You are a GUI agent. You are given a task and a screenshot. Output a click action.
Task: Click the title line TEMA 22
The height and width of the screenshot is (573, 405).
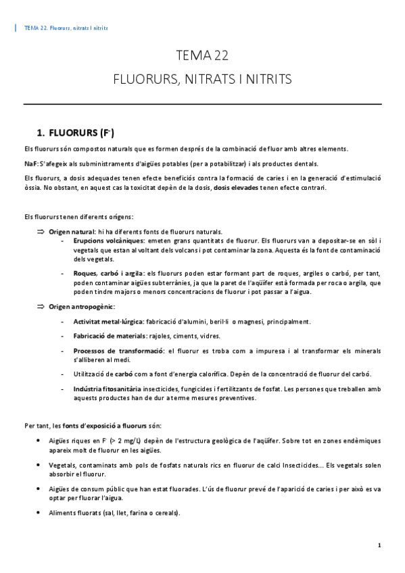pos(202,55)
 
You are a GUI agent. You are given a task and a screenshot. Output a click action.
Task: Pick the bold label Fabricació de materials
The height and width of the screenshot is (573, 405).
pos(111,336)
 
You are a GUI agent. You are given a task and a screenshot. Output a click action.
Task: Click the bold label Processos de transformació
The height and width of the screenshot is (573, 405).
pos(118,351)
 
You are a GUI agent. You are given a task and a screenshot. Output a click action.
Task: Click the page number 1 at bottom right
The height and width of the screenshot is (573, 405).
pos(380,545)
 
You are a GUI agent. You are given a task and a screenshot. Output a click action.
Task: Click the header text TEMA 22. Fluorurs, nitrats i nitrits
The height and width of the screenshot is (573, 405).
pos(66,28)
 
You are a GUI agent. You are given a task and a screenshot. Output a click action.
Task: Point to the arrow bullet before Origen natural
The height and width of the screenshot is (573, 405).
pos(40,231)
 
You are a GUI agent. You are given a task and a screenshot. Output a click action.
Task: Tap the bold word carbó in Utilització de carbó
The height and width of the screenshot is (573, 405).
pos(123,374)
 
